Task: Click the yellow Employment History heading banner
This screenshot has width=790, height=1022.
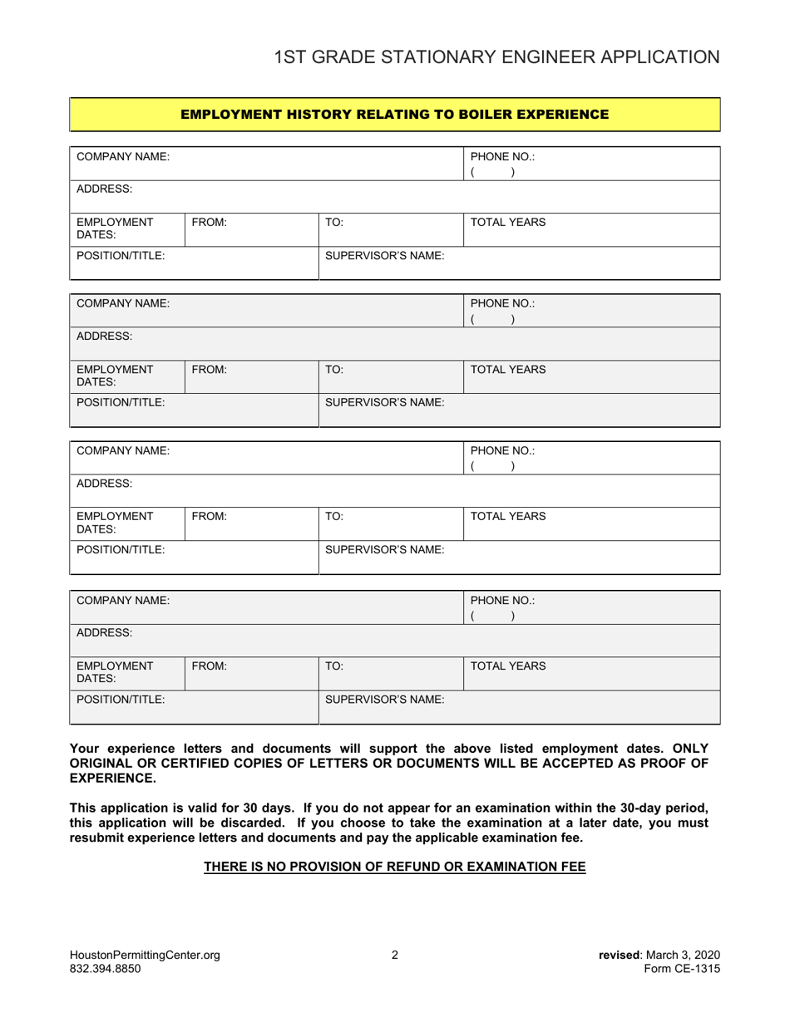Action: click(x=394, y=114)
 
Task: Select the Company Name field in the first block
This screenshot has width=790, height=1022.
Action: click(x=266, y=164)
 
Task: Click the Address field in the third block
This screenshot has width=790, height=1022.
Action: click(x=394, y=491)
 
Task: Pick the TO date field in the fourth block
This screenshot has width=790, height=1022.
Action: click(x=391, y=674)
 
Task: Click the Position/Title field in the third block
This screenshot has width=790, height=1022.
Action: click(x=194, y=558)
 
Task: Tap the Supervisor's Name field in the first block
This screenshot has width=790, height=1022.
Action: click(x=520, y=263)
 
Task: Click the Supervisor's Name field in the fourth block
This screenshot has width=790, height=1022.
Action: click(x=520, y=707)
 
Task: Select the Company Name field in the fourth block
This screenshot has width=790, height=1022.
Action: click(x=266, y=607)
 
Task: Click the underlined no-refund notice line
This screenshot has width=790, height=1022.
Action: click(x=395, y=867)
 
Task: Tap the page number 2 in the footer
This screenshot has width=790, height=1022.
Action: click(x=395, y=956)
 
